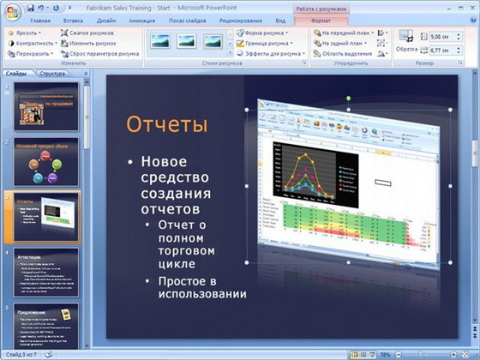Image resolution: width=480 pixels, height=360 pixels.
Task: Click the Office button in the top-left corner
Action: click(10, 9)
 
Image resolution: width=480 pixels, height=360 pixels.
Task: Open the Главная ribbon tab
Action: click(39, 19)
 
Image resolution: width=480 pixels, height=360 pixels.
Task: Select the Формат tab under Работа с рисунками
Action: click(321, 19)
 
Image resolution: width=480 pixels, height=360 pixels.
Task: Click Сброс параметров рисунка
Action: click(99, 52)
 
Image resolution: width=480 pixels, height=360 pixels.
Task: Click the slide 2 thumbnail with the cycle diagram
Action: click(46, 161)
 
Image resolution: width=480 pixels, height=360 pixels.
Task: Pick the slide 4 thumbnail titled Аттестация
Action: click(46, 272)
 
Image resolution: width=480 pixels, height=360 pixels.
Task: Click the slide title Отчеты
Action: click(167, 125)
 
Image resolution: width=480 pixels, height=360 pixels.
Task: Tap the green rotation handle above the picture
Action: click(348, 99)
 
